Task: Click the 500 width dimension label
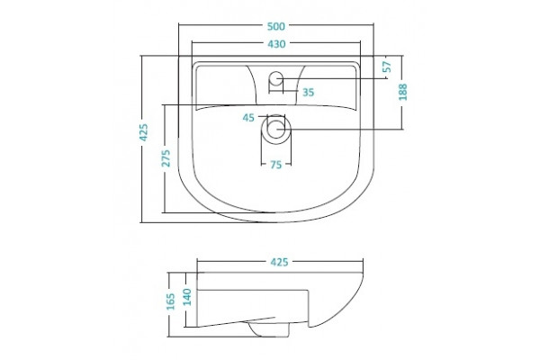point(276,26)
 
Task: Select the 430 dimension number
point(276,44)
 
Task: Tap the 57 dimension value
point(388,67)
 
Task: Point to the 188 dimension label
point(402,92)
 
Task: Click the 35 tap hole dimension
point(308,93)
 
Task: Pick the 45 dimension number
point(248,118)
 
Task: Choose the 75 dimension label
point(276,165)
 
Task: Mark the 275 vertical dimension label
point(166,158)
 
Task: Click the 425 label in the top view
point(143,132)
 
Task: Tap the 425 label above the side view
point(279,262)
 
